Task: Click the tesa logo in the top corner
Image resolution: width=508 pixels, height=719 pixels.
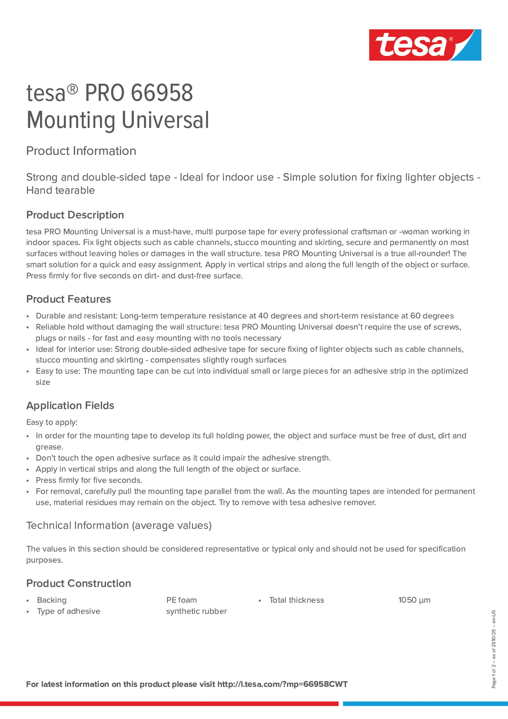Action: pyautogui.click(x=425, y=45)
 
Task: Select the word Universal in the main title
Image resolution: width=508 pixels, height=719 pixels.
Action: pyautogui.click(x=165, y=120)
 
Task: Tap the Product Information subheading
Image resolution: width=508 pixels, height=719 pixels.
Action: pyautogui.click(x=81, y=151)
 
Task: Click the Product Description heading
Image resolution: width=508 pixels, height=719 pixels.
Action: pyautogui.click(x=75, y=215)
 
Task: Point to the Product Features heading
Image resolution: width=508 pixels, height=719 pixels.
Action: pyautogui.click(x=69, y=299)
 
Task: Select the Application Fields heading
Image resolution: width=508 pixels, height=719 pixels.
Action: pyautogui.click(x=70, y=406)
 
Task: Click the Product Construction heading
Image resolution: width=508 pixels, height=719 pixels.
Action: pyautogui.click(x=79, y=583)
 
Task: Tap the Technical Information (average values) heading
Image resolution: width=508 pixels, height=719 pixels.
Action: pyautogui.click(x=119, y=525)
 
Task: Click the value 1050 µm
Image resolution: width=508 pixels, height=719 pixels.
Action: pyautogui.click(x=414, y=600)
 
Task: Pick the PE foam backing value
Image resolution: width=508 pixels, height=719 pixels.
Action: pyautogui.click(x=181, y=600)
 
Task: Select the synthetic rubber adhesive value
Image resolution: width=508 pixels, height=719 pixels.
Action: pyautogui.click(x=196, y=611)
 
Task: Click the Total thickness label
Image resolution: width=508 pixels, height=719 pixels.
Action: pyautogui.click(x=297, y=600)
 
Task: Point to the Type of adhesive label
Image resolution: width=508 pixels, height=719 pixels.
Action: pyautogui.click(x=69, y=611)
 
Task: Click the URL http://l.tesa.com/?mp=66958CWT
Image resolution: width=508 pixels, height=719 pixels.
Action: pyautogui.click(x=282, y=684)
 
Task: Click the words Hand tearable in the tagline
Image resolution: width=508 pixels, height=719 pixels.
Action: pyautogui.click(x=61, y=190)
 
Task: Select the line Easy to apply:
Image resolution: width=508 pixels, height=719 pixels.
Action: pyautogui.click(x=52, y=422)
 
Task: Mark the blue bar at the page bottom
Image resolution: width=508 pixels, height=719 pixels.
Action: pyautogui.click(x=425, y=704)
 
